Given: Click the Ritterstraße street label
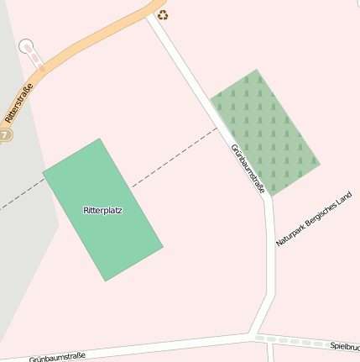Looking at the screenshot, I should click(x=18, y=102).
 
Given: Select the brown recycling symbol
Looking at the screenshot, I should click(x=163, y=14).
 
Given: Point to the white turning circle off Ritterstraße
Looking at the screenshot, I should click(x=27, y=46).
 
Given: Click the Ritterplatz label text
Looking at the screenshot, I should click(x=103, y=210).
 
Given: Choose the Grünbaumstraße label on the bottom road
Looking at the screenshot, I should click(x=57, y=357).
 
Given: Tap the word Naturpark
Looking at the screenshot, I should click(x=289, y=236).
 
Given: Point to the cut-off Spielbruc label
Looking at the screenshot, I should click(x=345, y=346).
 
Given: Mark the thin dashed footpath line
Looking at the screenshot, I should click(x=172, y=160).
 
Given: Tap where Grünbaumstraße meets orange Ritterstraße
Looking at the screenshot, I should click(x=152, y=14).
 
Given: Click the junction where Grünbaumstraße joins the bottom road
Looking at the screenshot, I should click(x=253, y=335).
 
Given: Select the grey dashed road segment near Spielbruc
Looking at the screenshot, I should click(x=294, y=341).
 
